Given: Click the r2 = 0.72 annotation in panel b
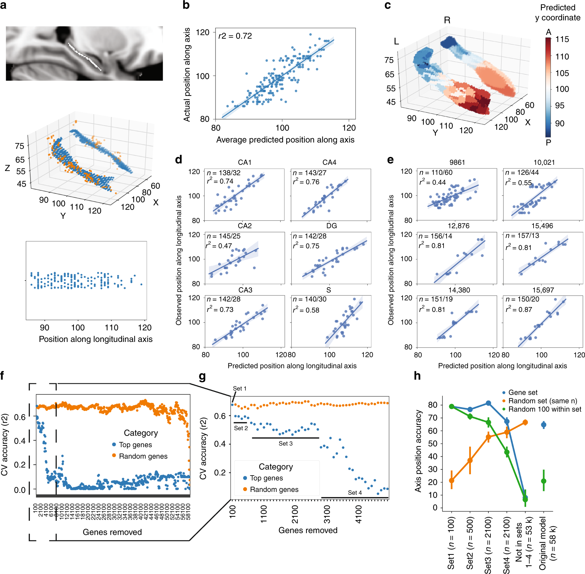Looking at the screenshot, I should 235,36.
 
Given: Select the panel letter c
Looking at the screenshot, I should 387,5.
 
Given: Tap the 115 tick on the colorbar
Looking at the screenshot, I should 562,40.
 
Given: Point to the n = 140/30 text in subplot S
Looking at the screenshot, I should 309,299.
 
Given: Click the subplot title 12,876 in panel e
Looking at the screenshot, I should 458,226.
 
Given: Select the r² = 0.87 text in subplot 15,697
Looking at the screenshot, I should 519,310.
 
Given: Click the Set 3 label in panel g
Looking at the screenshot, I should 285,443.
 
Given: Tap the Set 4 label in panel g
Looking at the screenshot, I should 355,493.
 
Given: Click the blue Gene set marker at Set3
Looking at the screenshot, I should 488,403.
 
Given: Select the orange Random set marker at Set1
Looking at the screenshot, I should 452,480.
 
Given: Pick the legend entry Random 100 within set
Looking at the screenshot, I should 544,409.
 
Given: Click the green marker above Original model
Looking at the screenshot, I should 544,481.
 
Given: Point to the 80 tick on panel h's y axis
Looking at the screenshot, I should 433,405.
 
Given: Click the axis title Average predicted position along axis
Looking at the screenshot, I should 285,140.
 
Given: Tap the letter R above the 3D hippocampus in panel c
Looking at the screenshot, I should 447,20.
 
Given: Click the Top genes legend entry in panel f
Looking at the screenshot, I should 135,445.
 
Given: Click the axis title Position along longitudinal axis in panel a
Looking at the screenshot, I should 96,339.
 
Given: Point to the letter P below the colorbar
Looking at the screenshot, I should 548,142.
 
